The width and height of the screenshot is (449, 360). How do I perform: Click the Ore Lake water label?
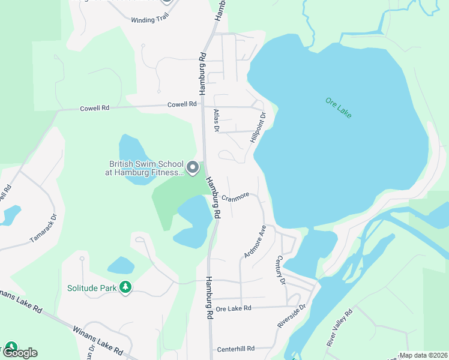(338, 108)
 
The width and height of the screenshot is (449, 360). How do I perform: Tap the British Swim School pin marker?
(193, 167)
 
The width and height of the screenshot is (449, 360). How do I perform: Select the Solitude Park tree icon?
(125, 288)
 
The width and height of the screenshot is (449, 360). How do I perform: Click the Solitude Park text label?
(92, 288)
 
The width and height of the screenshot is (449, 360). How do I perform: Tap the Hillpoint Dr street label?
(258, 127)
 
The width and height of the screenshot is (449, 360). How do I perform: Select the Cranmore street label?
(235, 197)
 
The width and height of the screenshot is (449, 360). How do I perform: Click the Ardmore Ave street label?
(255, 242)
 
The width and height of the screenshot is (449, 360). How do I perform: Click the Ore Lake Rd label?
(234, 308)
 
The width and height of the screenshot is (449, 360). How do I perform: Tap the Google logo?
(20, 353)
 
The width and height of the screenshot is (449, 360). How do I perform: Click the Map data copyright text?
(423, 355)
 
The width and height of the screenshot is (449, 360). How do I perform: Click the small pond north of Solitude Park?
(121, 265)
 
